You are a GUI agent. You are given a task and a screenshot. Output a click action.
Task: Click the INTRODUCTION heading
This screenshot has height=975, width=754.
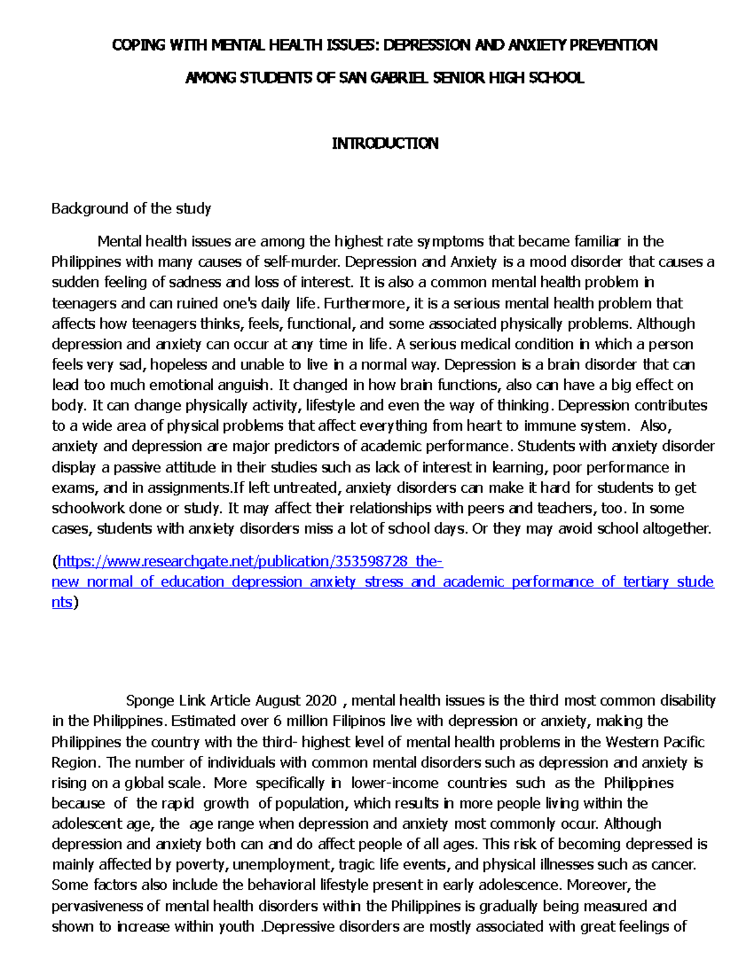tap(385, 144)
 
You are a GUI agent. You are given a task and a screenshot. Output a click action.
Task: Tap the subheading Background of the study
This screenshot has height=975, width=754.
tap(131, 208)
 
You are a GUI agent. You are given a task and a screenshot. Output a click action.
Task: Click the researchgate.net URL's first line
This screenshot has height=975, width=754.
tap(250, 561)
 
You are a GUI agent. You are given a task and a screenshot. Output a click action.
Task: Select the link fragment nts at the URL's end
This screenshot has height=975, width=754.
tap(62, 603)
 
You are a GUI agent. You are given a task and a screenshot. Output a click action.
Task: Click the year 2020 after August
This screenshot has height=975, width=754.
tap(321, 701)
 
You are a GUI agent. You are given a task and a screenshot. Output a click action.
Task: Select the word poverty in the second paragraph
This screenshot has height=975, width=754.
tap(202, 865)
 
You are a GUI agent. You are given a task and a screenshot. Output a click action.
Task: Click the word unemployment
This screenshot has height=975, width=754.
tap(283, 865)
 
